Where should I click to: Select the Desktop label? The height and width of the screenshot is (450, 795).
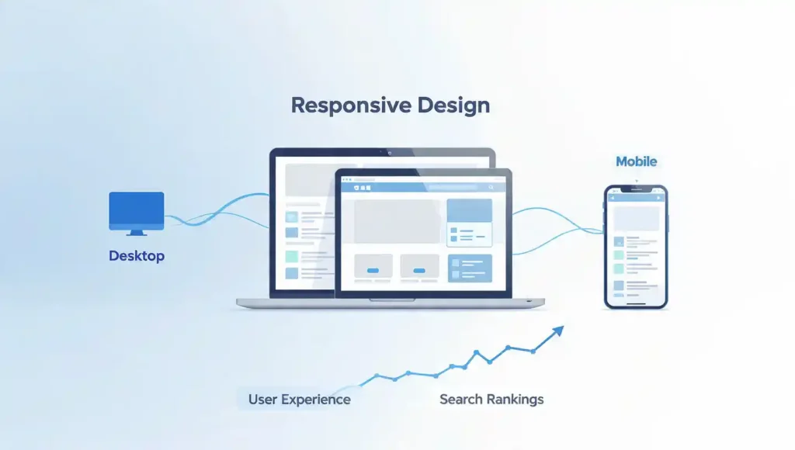click(136, 255)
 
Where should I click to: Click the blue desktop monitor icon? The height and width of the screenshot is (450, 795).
click(136, 209)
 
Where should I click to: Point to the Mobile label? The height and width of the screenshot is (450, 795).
click(636, 161)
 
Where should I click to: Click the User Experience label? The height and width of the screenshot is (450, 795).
click(299, 400)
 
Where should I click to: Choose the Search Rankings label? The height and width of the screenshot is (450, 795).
click(491, 400)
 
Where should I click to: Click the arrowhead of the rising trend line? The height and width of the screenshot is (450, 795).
click(557, 332)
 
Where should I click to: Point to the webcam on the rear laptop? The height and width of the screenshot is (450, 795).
click(381, 152)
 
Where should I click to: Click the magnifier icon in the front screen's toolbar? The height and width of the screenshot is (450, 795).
click(491, 187)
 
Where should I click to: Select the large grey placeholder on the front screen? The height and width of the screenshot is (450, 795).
click(397, 221)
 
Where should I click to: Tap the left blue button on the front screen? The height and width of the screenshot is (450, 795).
click(373, 270)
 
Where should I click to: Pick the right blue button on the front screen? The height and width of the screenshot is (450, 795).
click(419, 270)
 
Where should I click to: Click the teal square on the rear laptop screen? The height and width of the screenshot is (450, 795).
click(291, 256)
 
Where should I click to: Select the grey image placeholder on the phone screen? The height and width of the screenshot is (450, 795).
click(636, 218)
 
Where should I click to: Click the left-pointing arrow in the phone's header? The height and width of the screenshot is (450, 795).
click(613, 199)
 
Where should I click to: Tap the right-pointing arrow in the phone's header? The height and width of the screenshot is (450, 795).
click(659, 199)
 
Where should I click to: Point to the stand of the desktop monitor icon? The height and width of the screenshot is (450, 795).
click(137, 232)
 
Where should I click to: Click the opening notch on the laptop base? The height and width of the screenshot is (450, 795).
click(391, 299)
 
